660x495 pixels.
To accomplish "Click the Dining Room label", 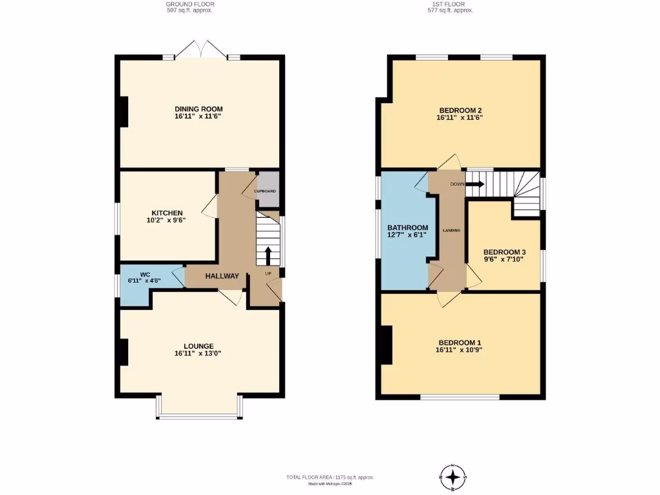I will coord(198,108).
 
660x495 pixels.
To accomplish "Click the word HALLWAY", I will coord(222,276).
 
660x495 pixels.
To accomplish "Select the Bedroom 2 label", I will coord(460,109).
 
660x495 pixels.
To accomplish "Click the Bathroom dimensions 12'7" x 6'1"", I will coord(407,235).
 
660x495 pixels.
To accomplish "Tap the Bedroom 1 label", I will coord(460,342).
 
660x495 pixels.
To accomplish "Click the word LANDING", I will coord(451,230).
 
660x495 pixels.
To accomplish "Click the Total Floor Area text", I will coord(330,477).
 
